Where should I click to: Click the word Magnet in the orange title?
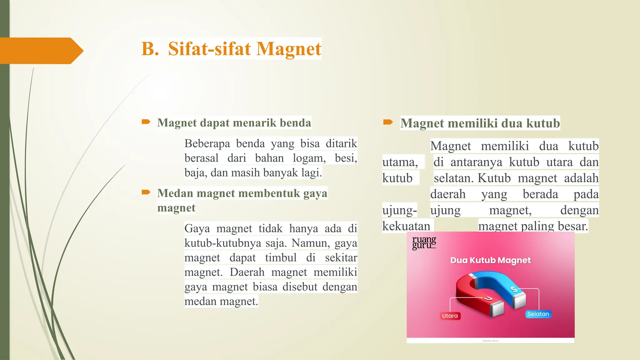[289, 49]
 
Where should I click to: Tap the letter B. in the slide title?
[150, 49]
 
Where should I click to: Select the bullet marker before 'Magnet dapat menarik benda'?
[146, 122]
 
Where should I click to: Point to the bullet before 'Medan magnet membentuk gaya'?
[146, 192]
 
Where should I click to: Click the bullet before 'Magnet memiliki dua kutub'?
[388, 122]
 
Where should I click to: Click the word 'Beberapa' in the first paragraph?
[207, 143]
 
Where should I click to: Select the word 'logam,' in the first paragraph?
[309, 158]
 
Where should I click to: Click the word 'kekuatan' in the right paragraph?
[406, 226]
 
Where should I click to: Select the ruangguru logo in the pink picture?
[424, 242]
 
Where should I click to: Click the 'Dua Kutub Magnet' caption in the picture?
[490, 260]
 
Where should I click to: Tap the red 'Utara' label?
[450, 316]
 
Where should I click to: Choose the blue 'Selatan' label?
[538, 314]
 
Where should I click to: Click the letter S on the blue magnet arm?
[514, 289]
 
